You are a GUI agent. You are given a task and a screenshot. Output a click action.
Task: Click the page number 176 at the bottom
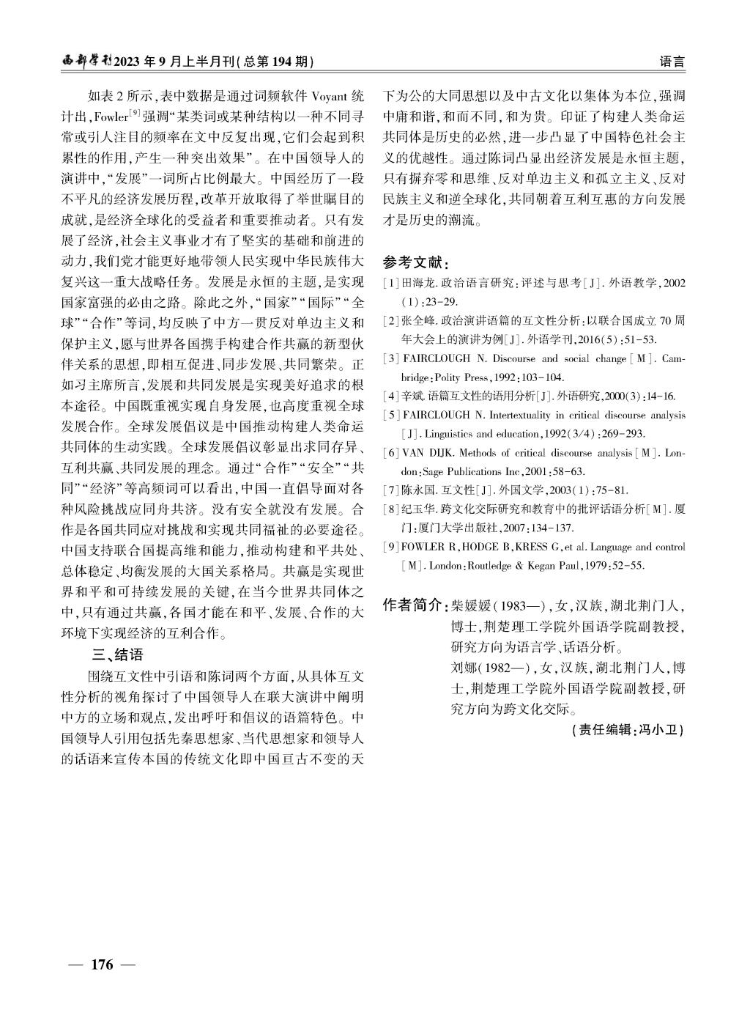pos(102,964)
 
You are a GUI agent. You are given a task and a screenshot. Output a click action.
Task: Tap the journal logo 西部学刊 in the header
pos(86,62)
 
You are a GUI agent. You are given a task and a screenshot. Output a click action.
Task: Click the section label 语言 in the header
pos(672,62)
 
